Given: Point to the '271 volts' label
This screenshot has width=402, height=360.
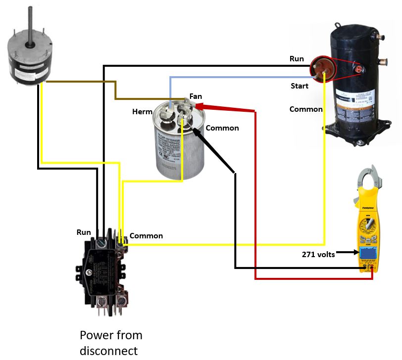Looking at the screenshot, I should tap(318, 255).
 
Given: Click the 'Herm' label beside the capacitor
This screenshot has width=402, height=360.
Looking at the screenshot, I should tap(142, 112).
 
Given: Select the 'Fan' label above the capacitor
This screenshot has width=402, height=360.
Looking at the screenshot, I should tap(196, 96).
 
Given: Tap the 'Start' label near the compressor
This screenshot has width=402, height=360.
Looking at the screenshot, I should tap(299, 86).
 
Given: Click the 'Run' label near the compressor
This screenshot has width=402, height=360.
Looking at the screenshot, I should tap(297, 59).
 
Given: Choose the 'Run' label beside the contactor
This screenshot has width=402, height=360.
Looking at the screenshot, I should tap(84, 231).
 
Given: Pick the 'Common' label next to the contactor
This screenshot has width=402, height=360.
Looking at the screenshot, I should tap(146, 236).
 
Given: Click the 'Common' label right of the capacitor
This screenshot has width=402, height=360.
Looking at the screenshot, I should tap(222, 128).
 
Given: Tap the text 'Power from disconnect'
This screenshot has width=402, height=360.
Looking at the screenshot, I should tap(111, 343).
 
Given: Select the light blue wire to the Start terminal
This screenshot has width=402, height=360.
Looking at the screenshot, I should tap(238, 77).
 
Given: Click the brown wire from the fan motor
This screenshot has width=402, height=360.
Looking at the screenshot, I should tap(79, 83).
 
